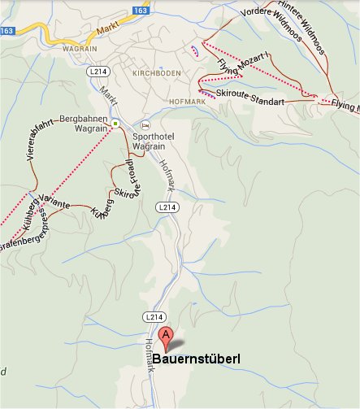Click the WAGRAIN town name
coord(79,47)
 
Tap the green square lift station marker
coord(115,124)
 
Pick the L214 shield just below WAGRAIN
coord(98,72)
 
